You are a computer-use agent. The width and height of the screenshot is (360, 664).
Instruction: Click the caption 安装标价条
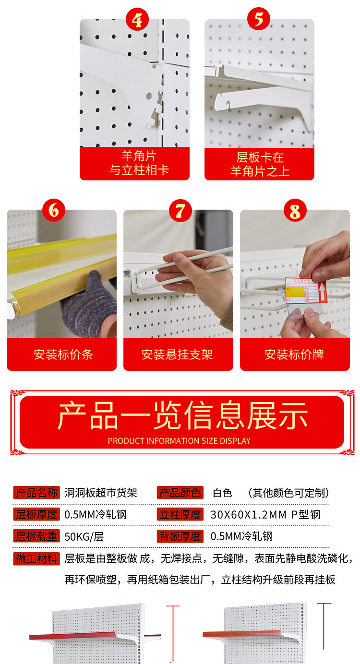click(x=63, y=355)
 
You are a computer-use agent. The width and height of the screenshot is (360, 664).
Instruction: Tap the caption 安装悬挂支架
click(x=177, y=355)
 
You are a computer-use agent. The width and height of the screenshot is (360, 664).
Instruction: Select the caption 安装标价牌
click(x=294, y=355)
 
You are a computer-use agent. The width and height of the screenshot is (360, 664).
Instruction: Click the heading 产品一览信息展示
click(x=182, y=415)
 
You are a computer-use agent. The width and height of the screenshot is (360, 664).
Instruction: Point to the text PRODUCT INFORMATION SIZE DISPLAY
click(x=179, y=441)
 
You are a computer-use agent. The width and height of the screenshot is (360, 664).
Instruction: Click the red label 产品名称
click(x=36, y=493)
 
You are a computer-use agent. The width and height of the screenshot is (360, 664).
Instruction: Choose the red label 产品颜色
click(x=180, y=493)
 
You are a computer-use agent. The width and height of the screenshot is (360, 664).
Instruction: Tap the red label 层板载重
click(x=36, y=536)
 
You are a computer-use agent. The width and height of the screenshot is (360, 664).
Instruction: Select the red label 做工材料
click(x=36, y=558)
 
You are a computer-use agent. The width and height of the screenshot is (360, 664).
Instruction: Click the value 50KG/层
click(x=84, y=536)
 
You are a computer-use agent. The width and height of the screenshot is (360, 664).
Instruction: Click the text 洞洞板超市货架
click(x=101, y=493)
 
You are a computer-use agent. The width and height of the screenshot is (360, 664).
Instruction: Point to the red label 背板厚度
click(x=180, y=536)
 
